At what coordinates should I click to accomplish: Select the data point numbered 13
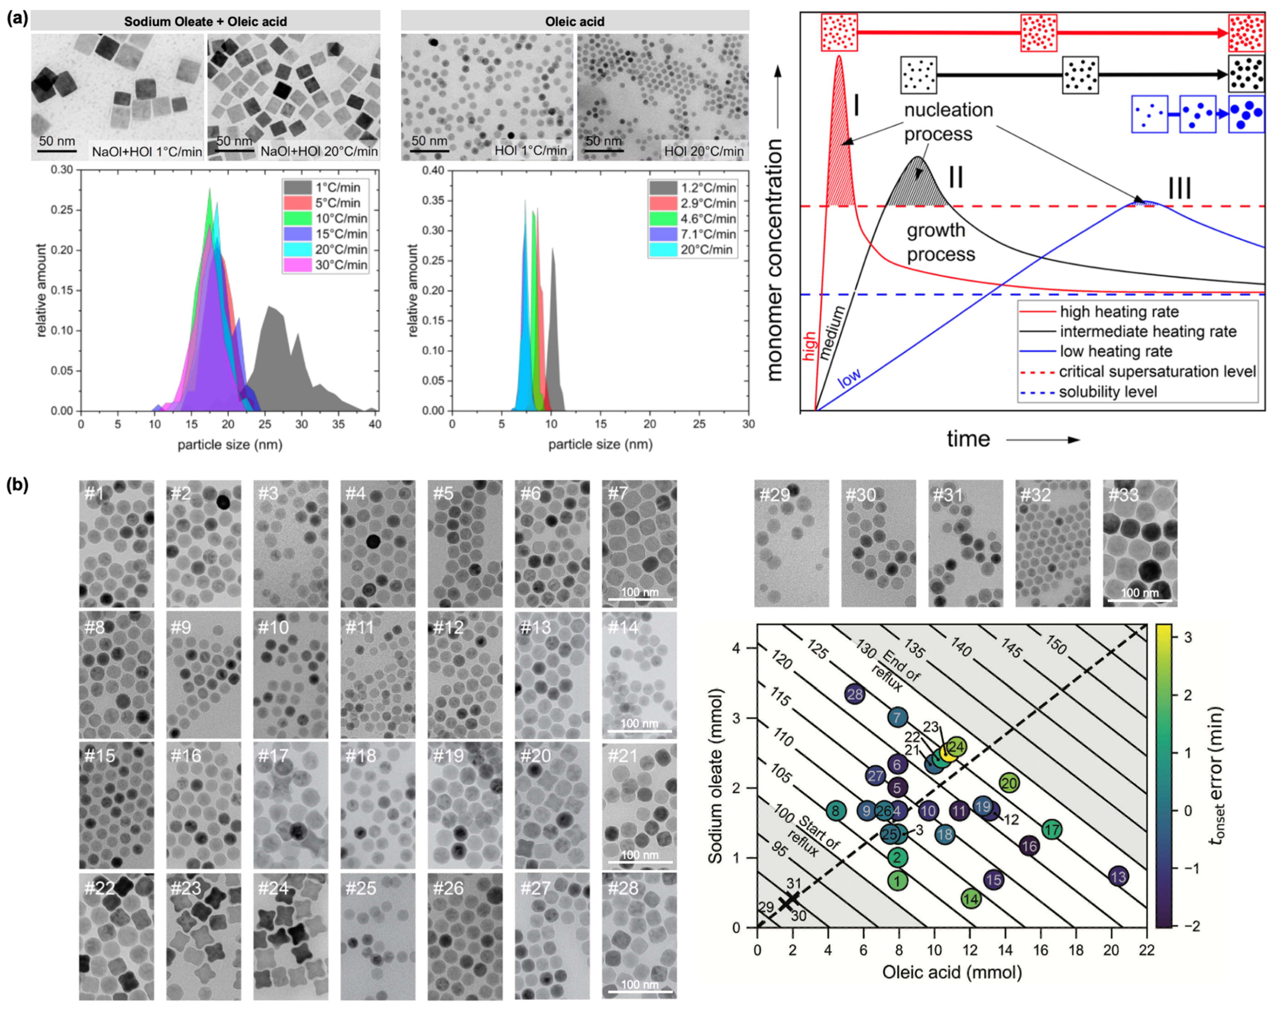click(1118, 876)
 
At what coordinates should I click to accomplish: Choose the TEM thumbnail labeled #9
click(203, 674)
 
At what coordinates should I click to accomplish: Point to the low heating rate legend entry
click(1115, 351)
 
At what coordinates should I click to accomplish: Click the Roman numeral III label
click(1179, 188)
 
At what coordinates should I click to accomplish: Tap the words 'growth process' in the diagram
click(941, 242)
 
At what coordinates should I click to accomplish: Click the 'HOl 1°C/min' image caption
click(530, 151)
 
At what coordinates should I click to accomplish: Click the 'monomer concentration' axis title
click(774, 260)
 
